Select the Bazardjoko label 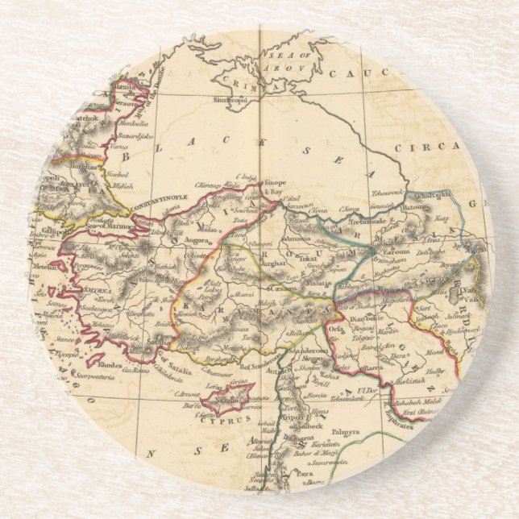click(x=127, y=135)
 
